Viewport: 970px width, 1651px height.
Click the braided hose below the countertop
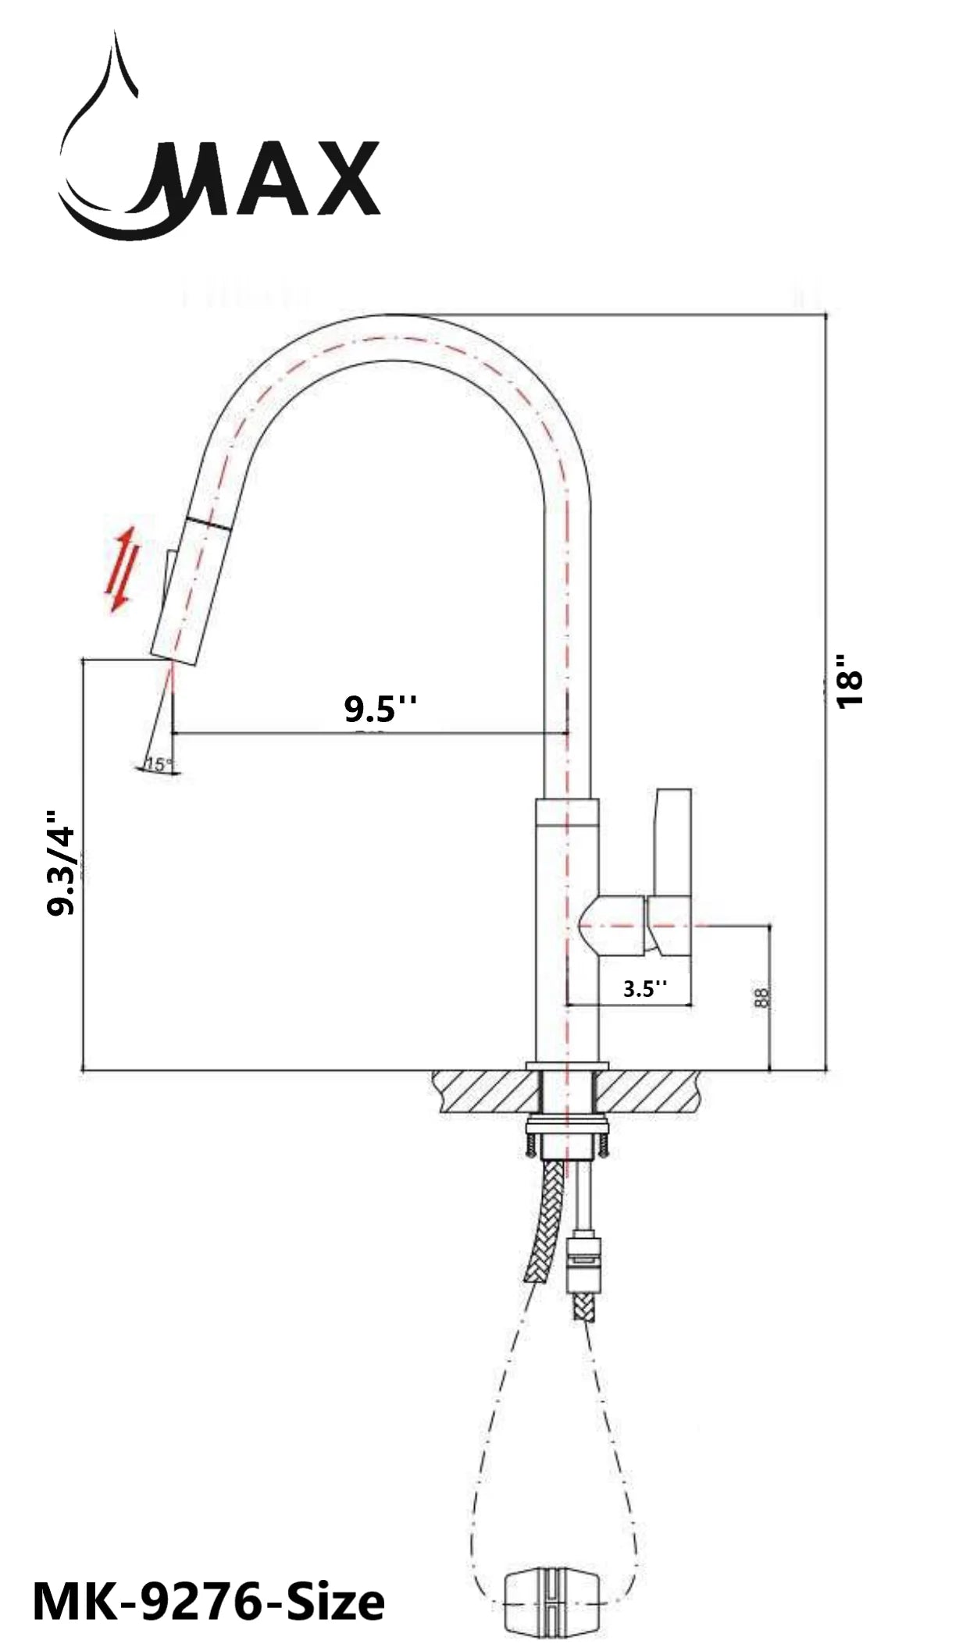click(542, 1233)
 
